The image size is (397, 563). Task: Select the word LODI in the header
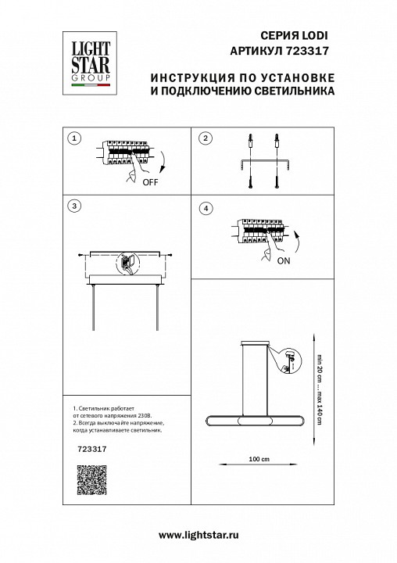313,36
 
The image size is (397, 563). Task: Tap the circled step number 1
73,139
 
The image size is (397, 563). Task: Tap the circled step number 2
206,139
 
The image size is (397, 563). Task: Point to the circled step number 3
73,206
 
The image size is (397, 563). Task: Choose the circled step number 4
206,208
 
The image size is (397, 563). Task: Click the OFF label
150,184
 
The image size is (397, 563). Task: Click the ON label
283,261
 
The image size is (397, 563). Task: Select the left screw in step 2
251,181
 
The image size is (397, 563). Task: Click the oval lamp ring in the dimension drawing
253,419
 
